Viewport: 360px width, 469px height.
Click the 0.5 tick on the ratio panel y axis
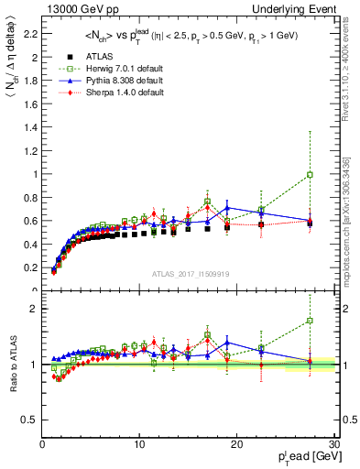point(30,420)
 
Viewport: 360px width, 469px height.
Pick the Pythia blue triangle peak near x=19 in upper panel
point(227,208)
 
